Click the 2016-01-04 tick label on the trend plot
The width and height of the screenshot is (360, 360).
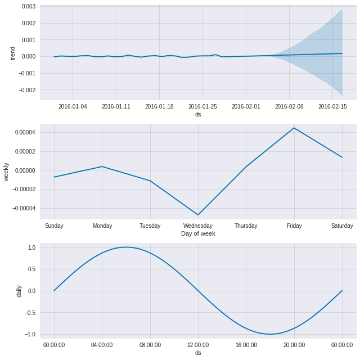(73, 106)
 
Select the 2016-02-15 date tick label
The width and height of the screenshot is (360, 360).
(332, 106)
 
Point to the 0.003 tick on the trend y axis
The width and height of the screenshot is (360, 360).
(28, 6)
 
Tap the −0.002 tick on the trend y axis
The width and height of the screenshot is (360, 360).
(27, 90)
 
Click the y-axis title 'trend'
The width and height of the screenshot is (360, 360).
(13, 53)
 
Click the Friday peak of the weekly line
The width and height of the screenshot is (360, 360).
(294, 128)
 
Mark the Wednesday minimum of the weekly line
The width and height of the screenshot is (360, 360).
(198, 215)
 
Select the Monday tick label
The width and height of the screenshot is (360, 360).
(102, 226)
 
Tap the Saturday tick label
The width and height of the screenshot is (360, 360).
(342, 226)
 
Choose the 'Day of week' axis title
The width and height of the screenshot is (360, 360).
(198, 233)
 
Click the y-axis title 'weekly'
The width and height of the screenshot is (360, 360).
(6, 172)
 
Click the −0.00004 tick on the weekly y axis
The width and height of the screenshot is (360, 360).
(23, 209)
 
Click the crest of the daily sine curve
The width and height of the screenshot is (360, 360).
(126, 247)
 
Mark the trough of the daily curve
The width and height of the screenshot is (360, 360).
(270, 334)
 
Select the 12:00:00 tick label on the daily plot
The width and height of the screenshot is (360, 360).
(198, 345)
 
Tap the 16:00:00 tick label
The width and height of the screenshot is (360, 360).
(246, 345)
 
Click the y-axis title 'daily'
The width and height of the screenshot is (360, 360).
(19, 291)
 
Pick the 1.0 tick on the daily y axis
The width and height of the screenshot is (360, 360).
(31, 247)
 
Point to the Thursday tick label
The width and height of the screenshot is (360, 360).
(246, 226)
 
